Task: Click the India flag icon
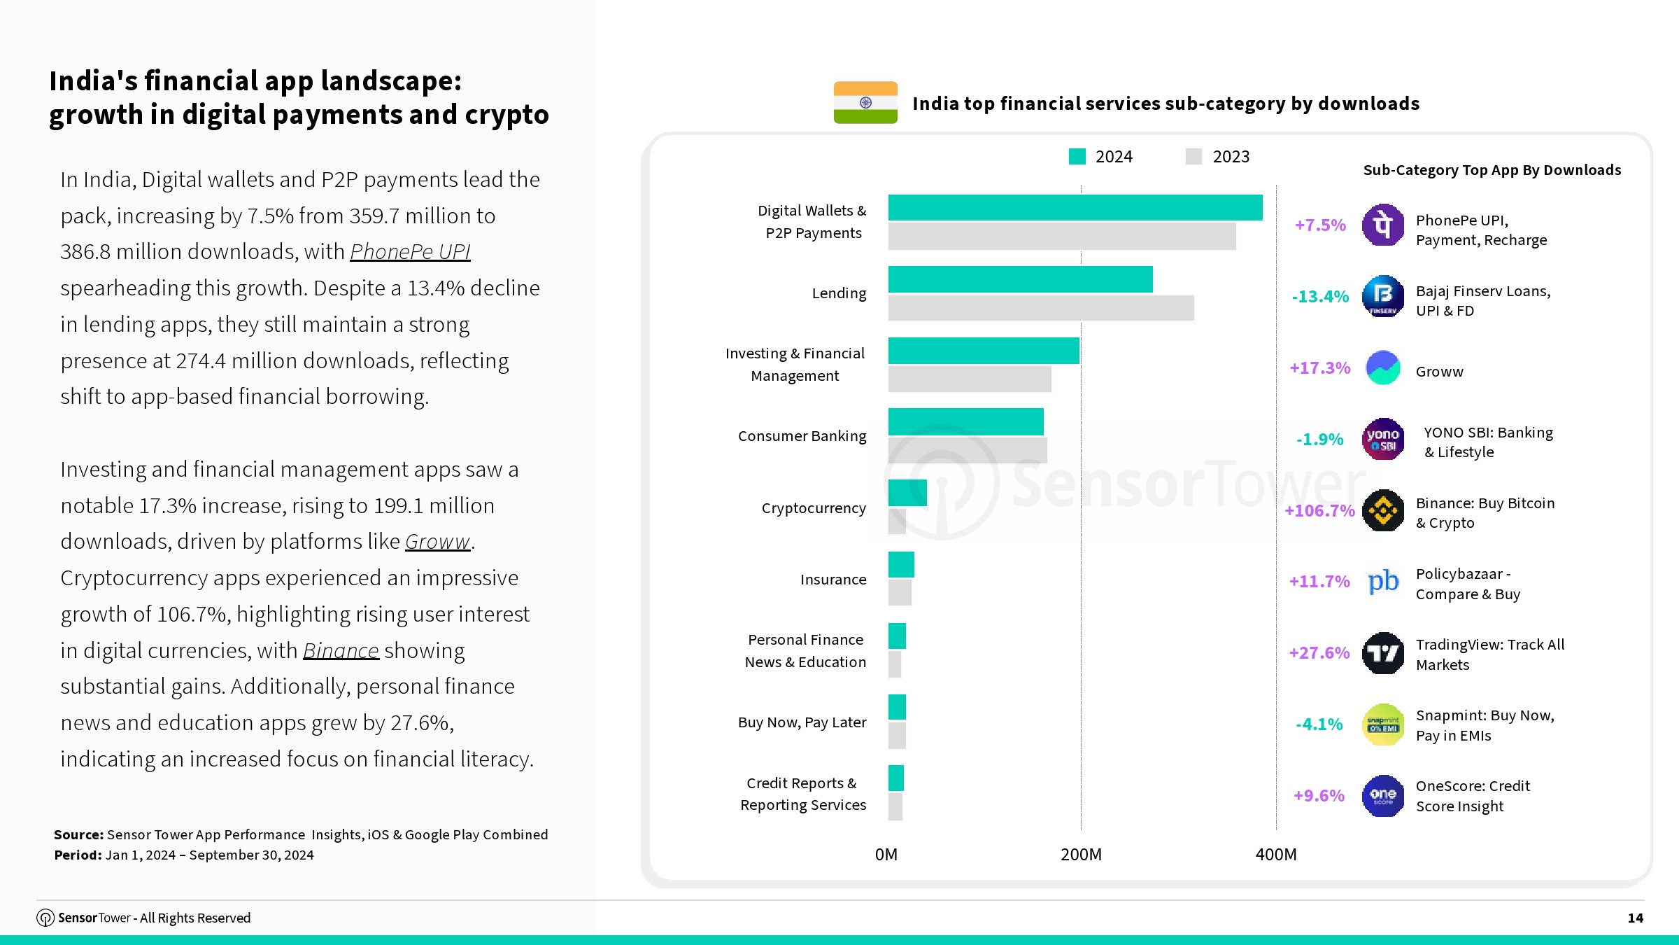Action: [865, 103]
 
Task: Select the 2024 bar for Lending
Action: [1020, 279]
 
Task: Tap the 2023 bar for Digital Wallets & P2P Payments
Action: [1062, 236]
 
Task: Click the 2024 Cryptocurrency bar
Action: [907, 493]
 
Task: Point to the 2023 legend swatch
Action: [1193, 157]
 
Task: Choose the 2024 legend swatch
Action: [1077, 157]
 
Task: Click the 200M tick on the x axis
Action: [1081, 855]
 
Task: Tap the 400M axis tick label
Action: [1276, 855]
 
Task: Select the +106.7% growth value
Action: [1319, 511]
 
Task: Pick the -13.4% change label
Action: [1320, 297]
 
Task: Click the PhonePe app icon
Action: [1383, 225]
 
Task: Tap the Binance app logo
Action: [1383, 510]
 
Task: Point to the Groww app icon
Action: [1383, 368]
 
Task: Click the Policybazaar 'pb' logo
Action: [1383, 582]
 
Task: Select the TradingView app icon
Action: [1383, 653]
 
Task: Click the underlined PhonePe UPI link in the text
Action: [410, 251]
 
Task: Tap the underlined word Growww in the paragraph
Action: [437, 542]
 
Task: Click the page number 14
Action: [1635, 918]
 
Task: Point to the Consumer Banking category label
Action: [802, 436]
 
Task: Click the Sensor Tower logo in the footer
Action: [45, 918]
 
